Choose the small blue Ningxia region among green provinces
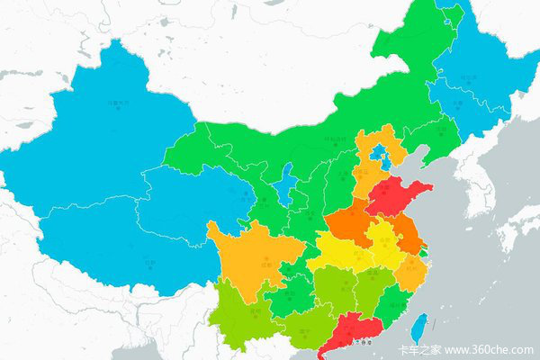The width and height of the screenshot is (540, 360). pyautogui.click(x=285, y=186)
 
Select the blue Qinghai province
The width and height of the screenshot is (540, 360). pyautogui.click(x=184, y=202)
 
